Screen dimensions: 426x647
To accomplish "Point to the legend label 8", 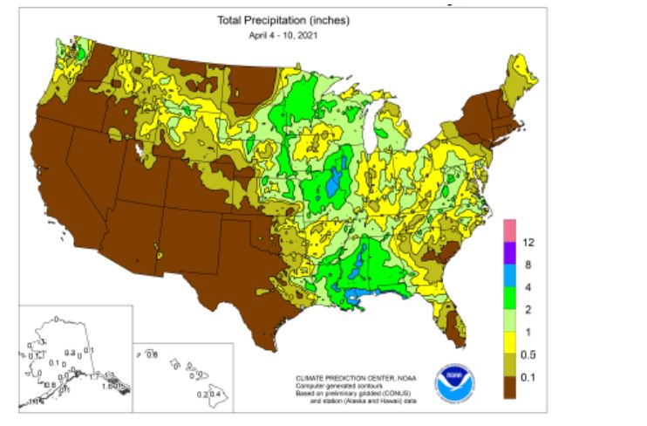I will click(526, 264).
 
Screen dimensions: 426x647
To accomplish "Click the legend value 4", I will click(526, 286).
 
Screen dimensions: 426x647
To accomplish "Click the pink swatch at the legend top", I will click(508, 230).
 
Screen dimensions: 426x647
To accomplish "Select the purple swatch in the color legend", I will click(508, 252).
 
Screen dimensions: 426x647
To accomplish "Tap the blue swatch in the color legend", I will click(508, 275).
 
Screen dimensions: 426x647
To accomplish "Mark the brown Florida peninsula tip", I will click(454, 330).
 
